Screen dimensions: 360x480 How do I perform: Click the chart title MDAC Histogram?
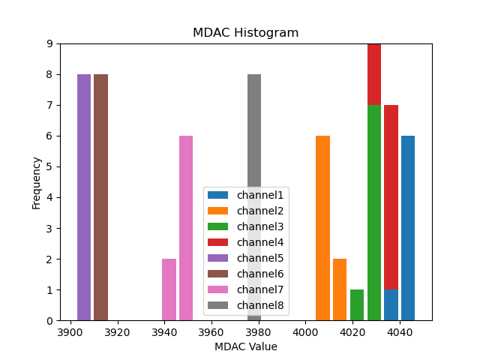coord(245,33)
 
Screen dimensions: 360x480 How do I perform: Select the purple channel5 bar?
coord(84,197)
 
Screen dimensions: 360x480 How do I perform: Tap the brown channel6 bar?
coord(101,197)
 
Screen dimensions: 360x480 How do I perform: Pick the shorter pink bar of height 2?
coord(169,289)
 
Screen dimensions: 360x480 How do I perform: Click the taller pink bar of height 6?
coord(186,228)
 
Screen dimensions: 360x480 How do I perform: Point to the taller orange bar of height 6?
coord(322,228)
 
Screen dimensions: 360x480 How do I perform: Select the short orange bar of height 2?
coord(340,289)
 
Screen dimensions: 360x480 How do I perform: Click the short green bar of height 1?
coord(357,305)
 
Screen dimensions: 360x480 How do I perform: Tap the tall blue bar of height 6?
coord(408,228)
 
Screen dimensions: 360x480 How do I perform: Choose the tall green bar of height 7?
coord(374,213)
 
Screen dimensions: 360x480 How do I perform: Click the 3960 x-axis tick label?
coord(211,332)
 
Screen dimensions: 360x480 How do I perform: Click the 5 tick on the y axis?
coord(49,166)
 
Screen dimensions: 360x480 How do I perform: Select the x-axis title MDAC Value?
coord(245,346)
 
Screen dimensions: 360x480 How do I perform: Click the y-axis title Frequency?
coord(36,182)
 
